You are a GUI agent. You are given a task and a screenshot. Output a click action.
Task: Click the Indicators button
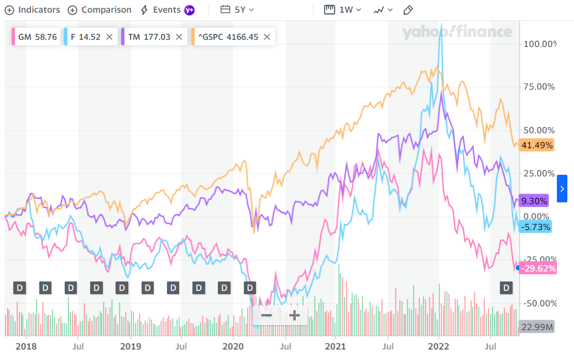32,10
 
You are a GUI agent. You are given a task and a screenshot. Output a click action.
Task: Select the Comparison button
100,10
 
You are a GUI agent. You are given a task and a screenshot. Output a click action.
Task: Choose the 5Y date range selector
237,10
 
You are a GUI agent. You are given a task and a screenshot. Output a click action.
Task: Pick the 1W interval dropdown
343,10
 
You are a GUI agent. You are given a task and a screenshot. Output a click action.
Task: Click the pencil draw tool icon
409,10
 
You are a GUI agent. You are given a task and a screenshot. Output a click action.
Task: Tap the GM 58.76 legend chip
35,37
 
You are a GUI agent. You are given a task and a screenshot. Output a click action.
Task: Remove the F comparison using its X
109,37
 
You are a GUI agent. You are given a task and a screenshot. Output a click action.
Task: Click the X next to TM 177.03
179,37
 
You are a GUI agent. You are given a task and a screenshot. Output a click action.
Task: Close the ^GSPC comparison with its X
267,37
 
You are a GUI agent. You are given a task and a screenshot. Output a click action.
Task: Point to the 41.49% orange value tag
536,145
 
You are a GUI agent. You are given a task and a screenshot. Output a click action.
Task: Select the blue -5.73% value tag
536,227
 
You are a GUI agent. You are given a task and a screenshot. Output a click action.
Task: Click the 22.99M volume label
536,327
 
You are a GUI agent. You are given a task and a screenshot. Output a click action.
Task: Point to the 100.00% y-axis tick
540,44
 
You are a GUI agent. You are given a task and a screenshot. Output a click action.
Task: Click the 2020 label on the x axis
233,347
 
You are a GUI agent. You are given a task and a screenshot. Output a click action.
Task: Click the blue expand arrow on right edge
562,189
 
